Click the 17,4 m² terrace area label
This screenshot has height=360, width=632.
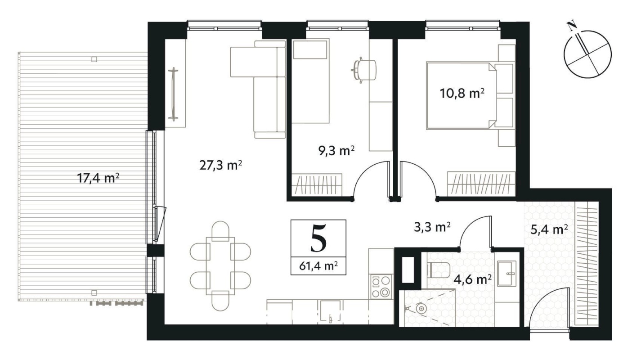(x=98, y=178)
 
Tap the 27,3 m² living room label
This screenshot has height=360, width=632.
(x=220, y=166)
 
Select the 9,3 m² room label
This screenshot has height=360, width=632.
(x=336, y=151)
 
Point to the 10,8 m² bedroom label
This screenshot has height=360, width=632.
(x=462, y=93)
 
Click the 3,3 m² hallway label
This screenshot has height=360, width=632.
(x=432, y=227)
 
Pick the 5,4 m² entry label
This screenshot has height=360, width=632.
(x=549, y=229)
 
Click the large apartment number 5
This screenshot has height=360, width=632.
(x=318, y=239)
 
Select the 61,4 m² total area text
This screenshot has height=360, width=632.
(x=318, y=266)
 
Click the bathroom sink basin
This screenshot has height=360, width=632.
(x=507, y=273)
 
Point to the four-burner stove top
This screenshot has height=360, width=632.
(x=381, y=287)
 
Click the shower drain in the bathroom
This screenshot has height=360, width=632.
(x=421, y=309)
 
